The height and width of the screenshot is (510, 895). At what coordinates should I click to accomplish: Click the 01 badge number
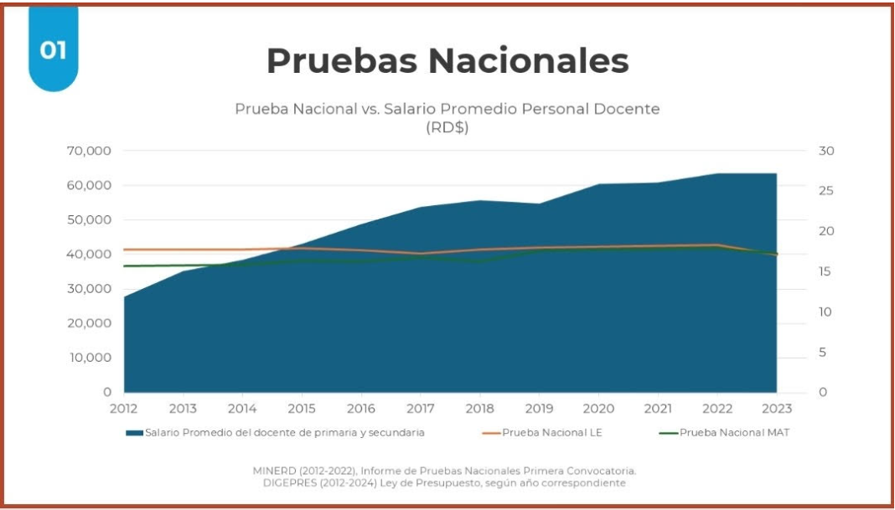coord(53,50)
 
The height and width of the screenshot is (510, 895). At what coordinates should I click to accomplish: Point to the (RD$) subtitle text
coord(447,127)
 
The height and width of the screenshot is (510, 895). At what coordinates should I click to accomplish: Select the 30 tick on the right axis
coord(826,151)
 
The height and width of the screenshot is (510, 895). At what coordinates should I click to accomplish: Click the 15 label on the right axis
coord(826,271)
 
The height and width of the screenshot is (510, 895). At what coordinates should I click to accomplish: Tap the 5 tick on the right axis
coord(823,352)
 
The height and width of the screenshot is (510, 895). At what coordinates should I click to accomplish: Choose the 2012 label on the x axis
coord(124,409)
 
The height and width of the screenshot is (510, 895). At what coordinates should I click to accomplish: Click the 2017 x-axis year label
coord(421,409)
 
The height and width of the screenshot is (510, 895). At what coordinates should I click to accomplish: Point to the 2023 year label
coord(776,409)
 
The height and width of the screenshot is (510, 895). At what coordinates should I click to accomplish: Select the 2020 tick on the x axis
coord(598,409)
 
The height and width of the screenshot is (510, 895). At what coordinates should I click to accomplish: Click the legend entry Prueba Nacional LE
coord(551,433)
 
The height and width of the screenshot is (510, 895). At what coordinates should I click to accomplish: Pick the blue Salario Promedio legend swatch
coord(134,433)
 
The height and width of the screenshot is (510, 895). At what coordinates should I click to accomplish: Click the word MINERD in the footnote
coord(276,471)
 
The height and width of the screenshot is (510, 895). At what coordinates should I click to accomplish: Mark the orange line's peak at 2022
coord(717,245)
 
